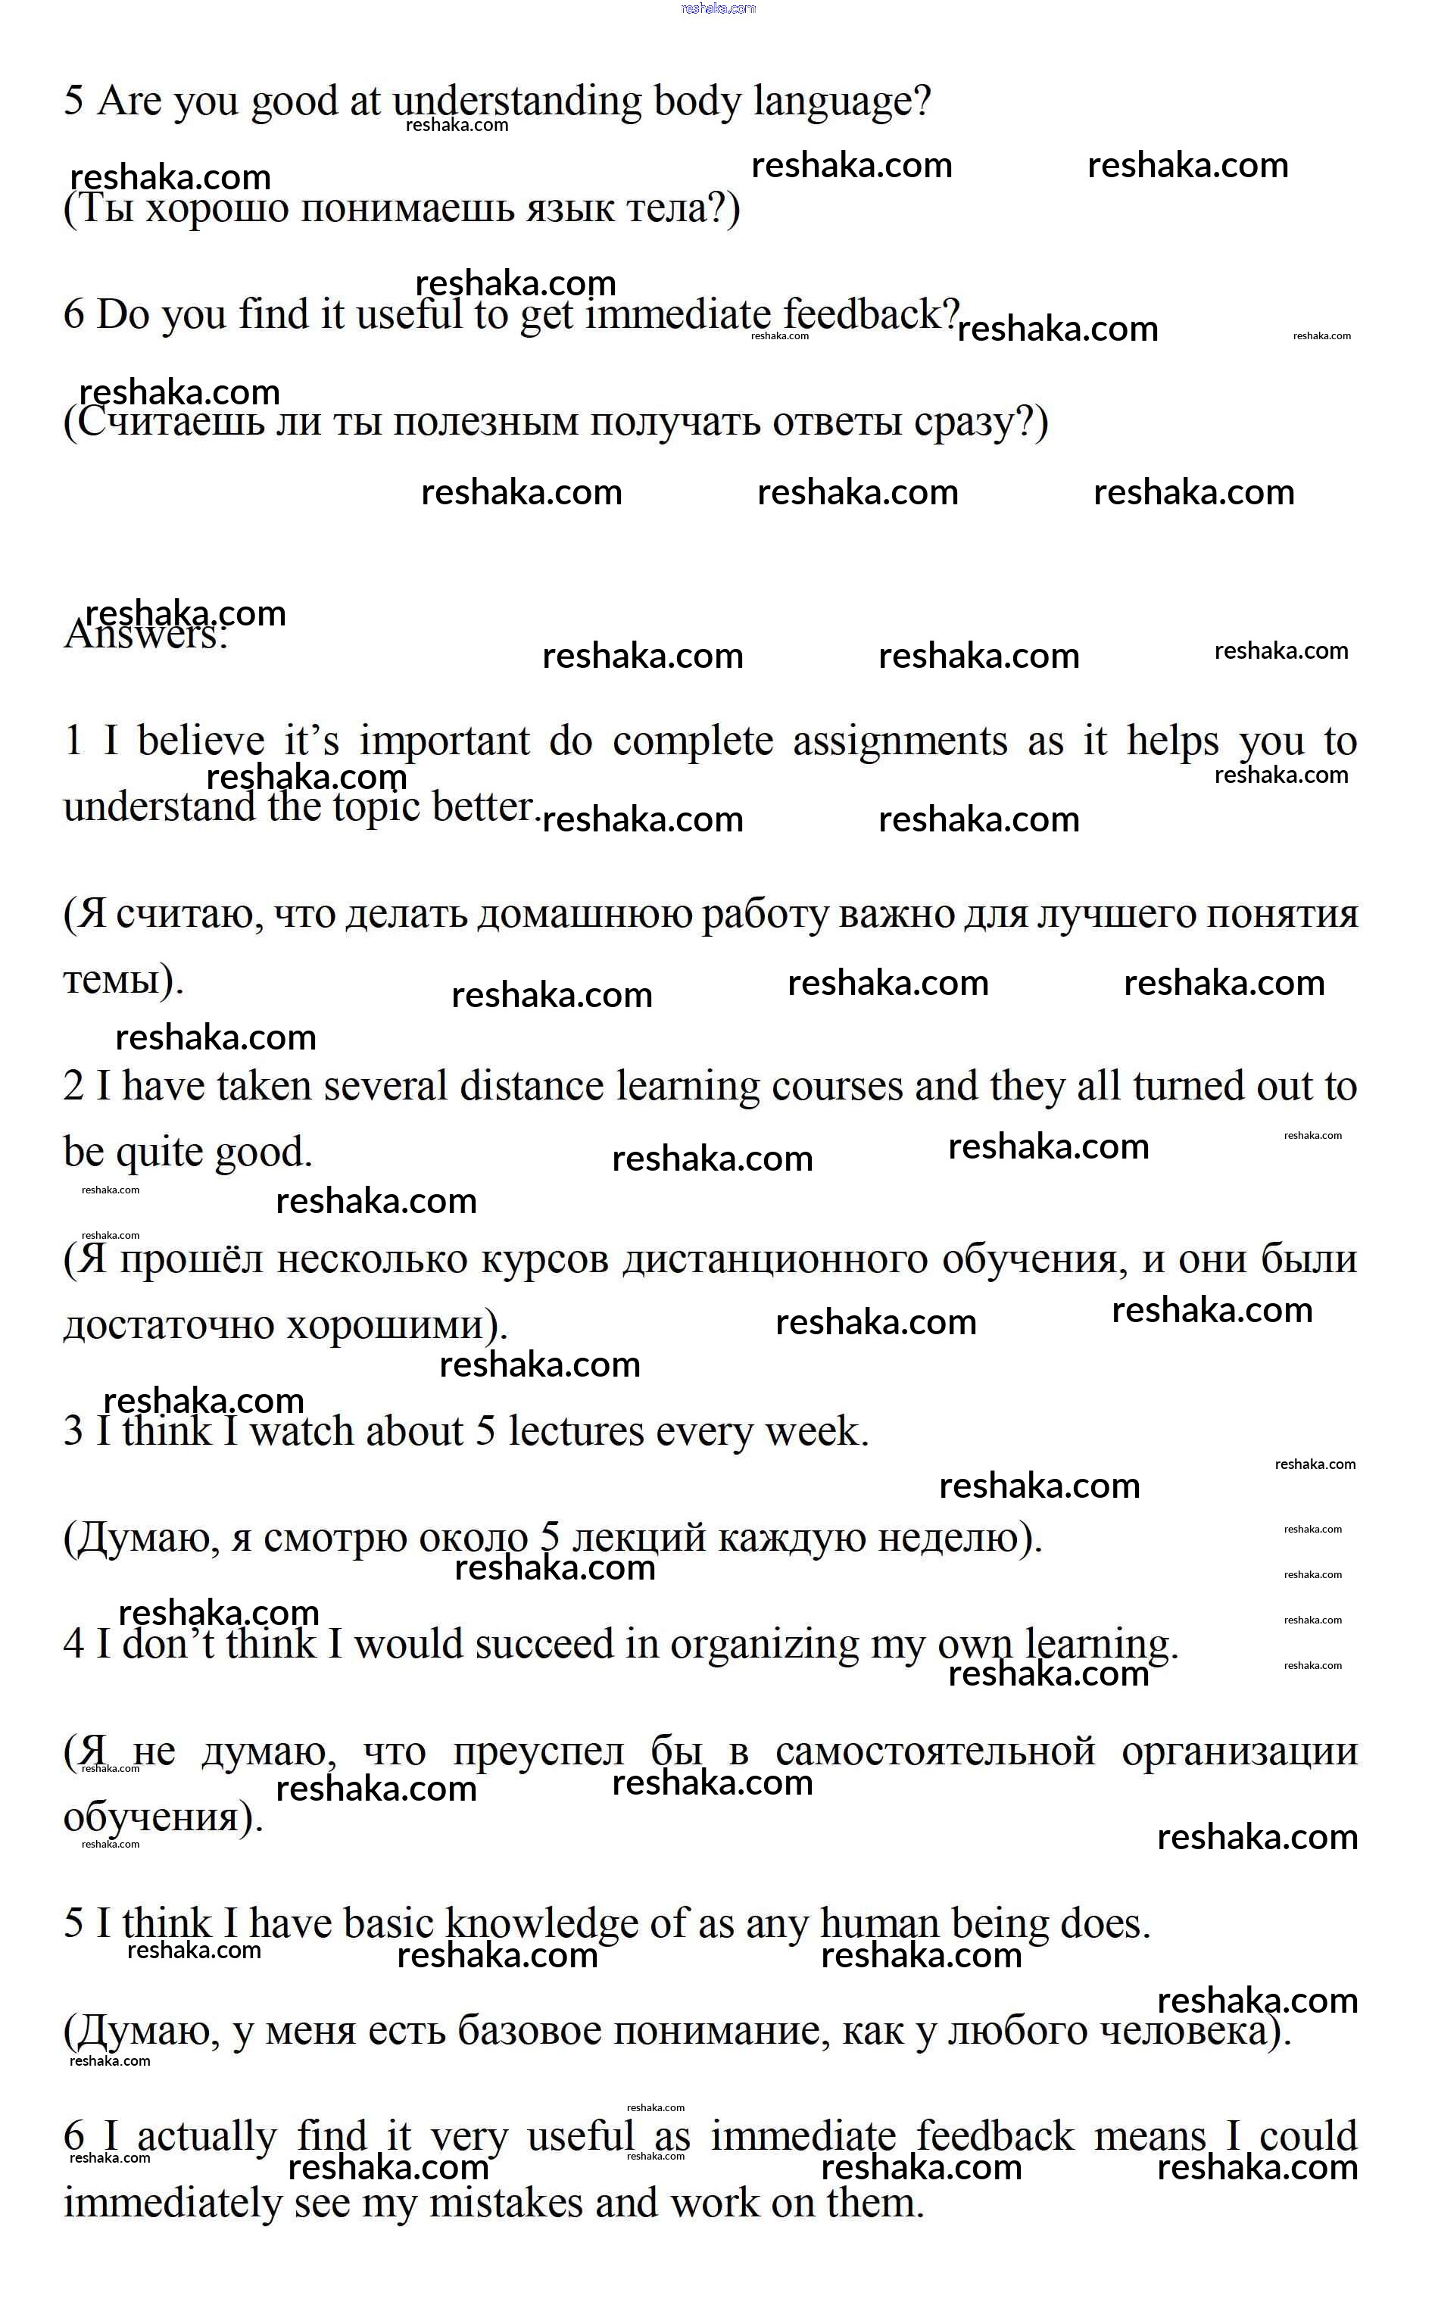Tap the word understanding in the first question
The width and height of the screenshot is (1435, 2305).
pos(517,101)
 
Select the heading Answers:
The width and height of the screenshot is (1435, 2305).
pos(146,634)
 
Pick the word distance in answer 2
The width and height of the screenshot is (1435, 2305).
pos(532,1086)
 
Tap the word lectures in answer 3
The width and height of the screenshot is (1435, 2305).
pos(576,1431)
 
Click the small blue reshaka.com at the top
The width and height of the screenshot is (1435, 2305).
pos(719,8)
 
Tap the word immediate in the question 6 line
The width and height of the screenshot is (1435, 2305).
pos(678,315)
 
